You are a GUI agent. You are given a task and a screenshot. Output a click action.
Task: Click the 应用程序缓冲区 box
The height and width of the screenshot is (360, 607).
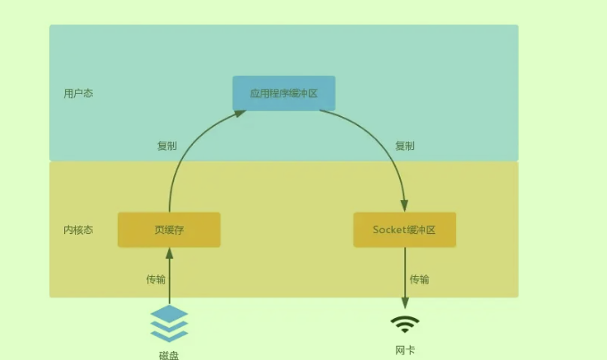(284, 93)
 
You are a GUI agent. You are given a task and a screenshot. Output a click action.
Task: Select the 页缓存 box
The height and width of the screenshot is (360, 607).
(169, 230)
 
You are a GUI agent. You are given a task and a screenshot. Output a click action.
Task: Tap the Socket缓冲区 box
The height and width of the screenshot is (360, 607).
(404, 230)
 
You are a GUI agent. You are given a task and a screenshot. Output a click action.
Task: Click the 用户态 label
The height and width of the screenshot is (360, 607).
(78, 93)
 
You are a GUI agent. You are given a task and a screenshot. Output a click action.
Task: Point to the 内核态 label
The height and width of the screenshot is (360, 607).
(78, 230)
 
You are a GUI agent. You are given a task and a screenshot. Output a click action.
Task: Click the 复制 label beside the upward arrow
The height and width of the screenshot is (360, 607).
(167, 146)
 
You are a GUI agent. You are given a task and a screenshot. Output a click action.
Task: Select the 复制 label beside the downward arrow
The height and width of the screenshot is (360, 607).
(404, 146)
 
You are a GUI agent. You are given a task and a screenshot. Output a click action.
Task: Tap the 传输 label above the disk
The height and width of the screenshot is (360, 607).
(156, 280)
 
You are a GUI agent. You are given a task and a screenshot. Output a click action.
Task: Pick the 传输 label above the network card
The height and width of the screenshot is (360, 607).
(420, 280)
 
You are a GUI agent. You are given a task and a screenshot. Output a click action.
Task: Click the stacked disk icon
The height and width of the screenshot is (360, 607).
(170, 323)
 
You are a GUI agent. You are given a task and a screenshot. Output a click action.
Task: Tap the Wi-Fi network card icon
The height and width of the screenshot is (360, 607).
(404, 323)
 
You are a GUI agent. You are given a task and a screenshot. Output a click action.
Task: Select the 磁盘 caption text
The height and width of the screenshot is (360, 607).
(170, 354)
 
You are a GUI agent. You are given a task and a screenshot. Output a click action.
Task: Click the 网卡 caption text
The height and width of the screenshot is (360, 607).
(404, 349)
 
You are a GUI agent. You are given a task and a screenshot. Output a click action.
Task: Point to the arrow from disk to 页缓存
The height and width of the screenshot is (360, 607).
(169, 277)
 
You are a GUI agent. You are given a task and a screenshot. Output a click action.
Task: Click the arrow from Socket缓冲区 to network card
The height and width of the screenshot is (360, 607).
(404, 277)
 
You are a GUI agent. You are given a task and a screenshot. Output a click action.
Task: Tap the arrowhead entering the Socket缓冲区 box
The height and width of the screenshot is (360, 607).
(404, 206)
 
